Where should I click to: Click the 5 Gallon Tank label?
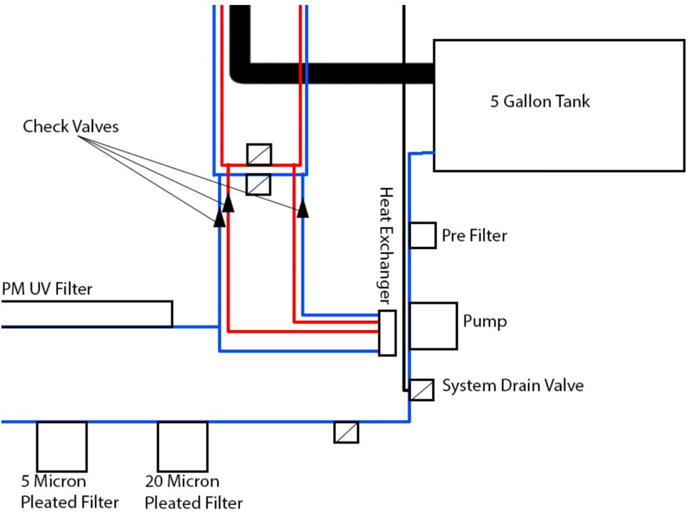(540, 101)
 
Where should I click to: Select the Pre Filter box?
(423, 235)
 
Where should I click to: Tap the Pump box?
(433, 326)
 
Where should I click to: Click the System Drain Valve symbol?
(421, 390)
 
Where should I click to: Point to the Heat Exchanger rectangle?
(387, 333)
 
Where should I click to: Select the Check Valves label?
(71, 127)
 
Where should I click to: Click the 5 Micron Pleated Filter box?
(62, 446)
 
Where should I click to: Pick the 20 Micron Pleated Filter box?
(182, 446)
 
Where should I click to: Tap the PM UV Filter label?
(47, 288)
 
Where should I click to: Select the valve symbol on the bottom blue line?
(346, 432)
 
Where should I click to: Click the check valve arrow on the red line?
(228, 201)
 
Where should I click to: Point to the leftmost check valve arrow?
(219, 217)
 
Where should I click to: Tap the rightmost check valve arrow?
(302, 208)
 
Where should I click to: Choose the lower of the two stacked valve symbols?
(259, 184)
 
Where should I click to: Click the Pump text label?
(485, 322)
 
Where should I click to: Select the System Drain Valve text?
(512, 385)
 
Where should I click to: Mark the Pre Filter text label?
(474, 236)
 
